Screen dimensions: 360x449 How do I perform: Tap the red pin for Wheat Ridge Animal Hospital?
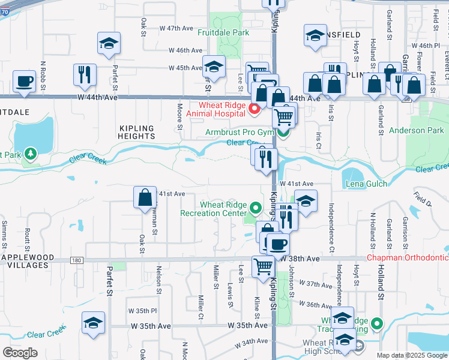click(x=255, y=109)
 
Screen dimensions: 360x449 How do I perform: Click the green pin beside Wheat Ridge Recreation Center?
click(x=256, y=208)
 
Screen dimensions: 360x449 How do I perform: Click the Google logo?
click(x=20, y=353)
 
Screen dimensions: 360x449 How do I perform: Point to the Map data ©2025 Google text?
click(x=412, y=355)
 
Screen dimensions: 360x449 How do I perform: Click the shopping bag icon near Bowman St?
click(x=145, y=197)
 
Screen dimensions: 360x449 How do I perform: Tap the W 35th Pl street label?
click(x=142, y=311)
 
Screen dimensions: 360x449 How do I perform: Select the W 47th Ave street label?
click(x=179, y=29)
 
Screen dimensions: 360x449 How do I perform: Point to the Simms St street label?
click(x=5, y=235)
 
